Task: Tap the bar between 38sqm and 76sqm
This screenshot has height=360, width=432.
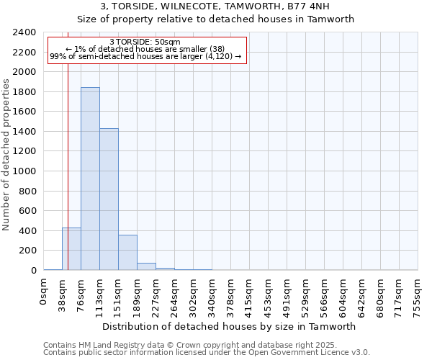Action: pyautogui.click(x=71, y=249)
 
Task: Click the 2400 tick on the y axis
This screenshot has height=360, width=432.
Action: pyautogui.click(x=24, y=32)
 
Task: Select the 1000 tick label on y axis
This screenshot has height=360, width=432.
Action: pyautogui.click(x=24, y=171)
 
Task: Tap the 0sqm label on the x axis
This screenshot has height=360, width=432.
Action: pyautogui.click(x=44, y=292)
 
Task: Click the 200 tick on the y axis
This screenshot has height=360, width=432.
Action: pyautogui.click(x=27, y=251)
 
